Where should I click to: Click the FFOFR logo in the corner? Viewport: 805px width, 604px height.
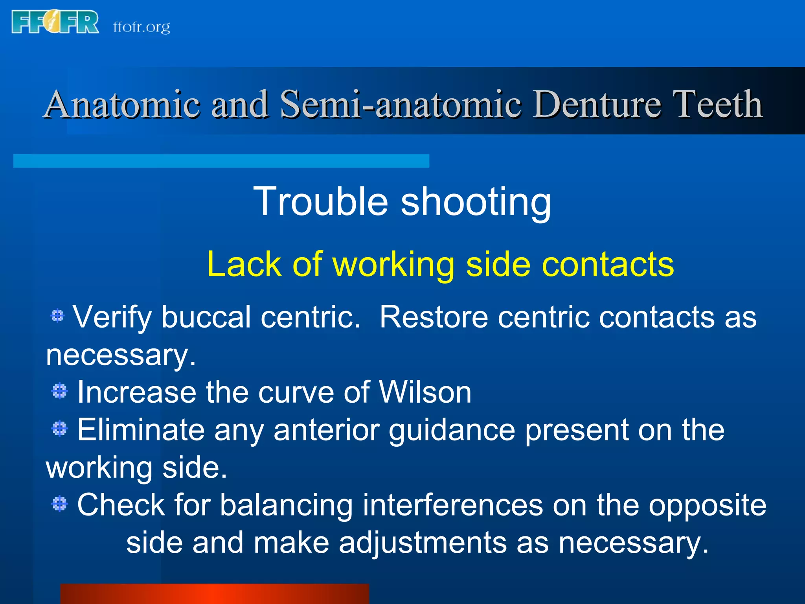55,22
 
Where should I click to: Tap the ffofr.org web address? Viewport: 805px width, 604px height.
142,27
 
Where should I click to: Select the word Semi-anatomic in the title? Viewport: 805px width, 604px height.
401,104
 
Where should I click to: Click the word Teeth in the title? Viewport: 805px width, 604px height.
717,104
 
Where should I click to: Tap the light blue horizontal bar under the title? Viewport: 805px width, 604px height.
221,161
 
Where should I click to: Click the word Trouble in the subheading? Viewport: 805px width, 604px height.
321,201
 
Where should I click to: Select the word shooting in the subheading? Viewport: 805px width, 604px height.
476,201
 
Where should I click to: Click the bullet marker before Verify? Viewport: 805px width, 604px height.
57,315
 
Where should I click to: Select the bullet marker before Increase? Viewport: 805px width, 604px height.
60,391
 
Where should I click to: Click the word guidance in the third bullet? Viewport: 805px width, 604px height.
452,430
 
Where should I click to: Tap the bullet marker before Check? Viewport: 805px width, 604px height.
60,504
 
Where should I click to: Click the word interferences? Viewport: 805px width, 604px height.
452,505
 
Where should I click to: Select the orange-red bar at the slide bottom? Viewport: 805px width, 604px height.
215,594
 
